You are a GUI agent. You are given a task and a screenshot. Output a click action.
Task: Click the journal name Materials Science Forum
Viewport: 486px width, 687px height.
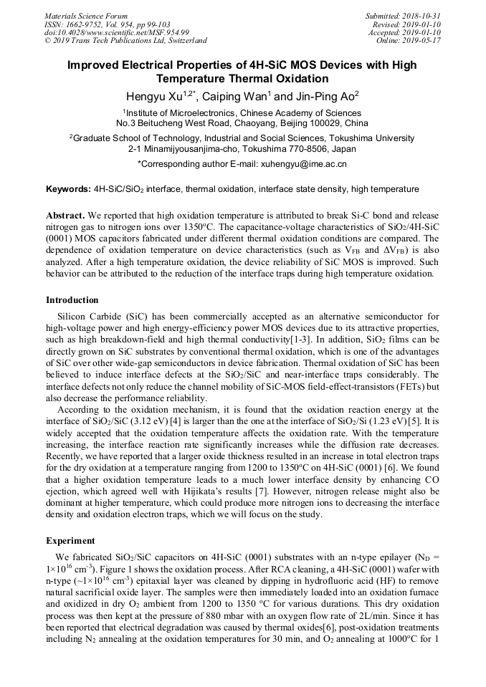click(86, 16)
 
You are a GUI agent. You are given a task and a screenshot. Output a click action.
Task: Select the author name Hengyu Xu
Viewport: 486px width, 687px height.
click(153, 96)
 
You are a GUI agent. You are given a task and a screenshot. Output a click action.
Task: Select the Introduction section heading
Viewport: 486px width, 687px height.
click(72, 300)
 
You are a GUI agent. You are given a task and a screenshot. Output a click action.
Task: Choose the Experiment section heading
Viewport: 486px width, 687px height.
click(70, 541)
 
